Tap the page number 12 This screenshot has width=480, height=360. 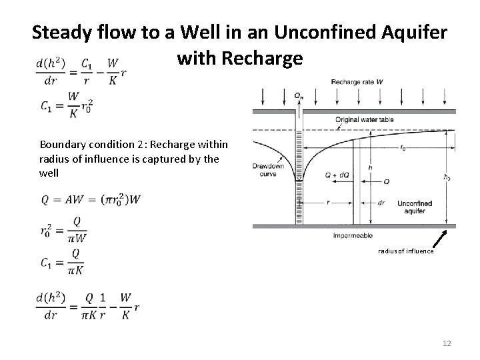pos(446,343)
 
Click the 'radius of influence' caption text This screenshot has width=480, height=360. pos(405,251)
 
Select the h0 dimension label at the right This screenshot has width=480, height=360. pos(446,177)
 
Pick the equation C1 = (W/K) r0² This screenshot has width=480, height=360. pos(65,105)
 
